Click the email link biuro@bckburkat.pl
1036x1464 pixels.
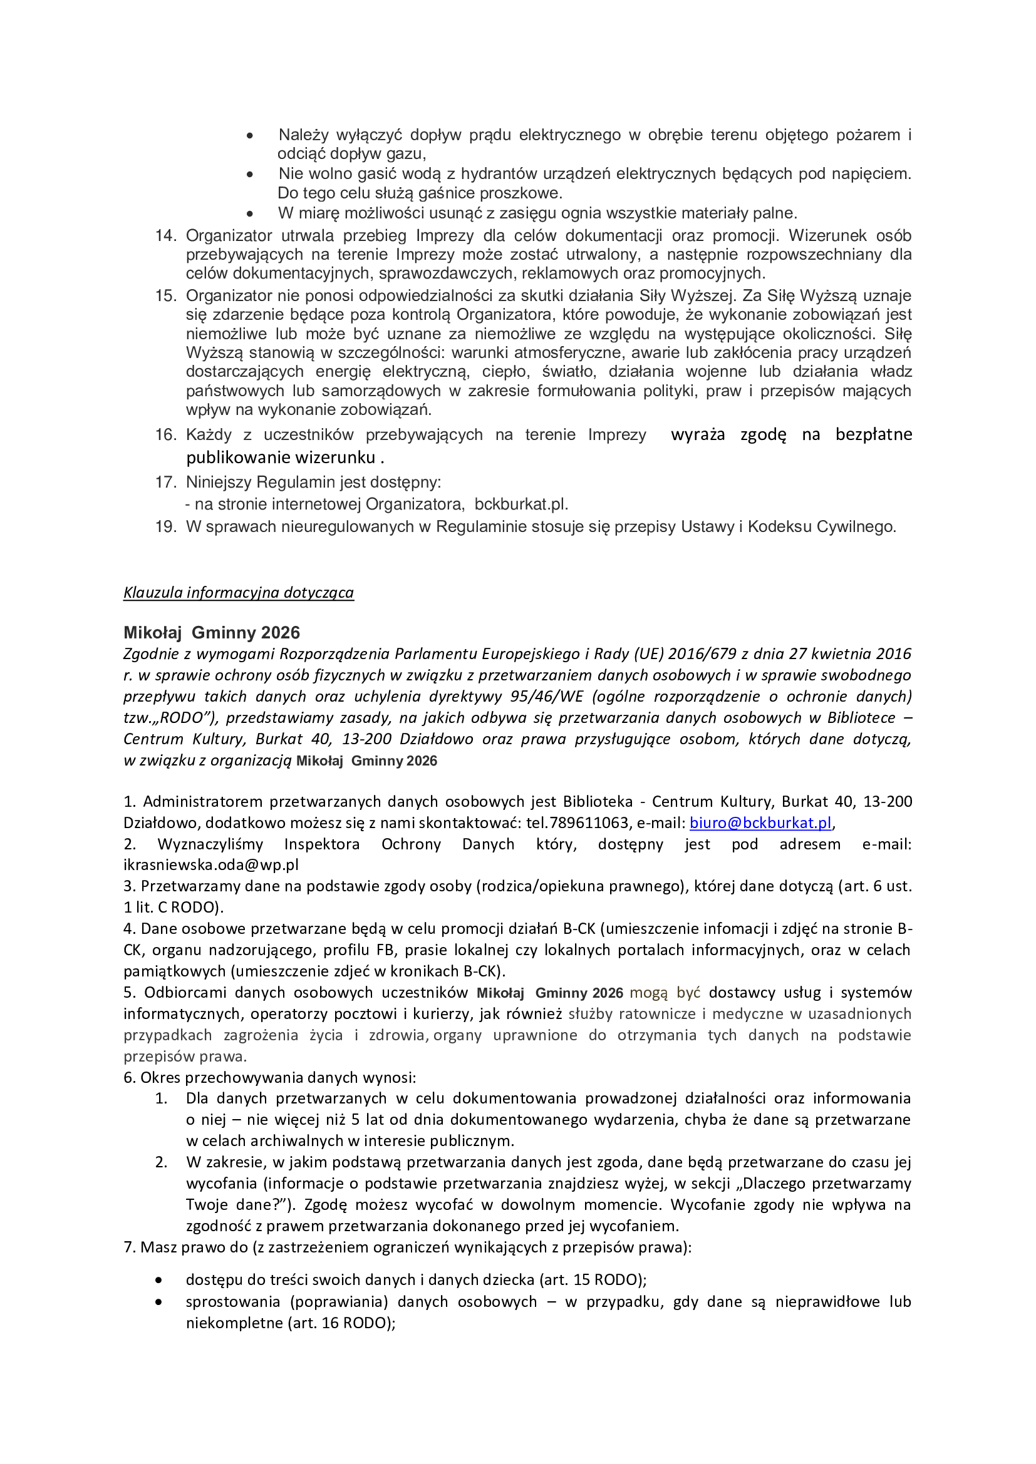click(x=760, y=822)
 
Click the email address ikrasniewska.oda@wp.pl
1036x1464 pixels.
click(x=210, y=864)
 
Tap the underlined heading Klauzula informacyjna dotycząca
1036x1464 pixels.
click(x=239, y=592)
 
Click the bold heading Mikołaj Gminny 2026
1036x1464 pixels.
click(x=211, y=633)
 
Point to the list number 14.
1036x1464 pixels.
click(x=165, y=235)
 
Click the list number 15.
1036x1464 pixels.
click(x=165, y=295)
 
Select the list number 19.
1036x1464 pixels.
click(x=165, y=526)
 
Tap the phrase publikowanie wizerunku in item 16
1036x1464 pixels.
click(x=281, y=457)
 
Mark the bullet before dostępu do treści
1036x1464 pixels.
click(x=158, y=1281)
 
